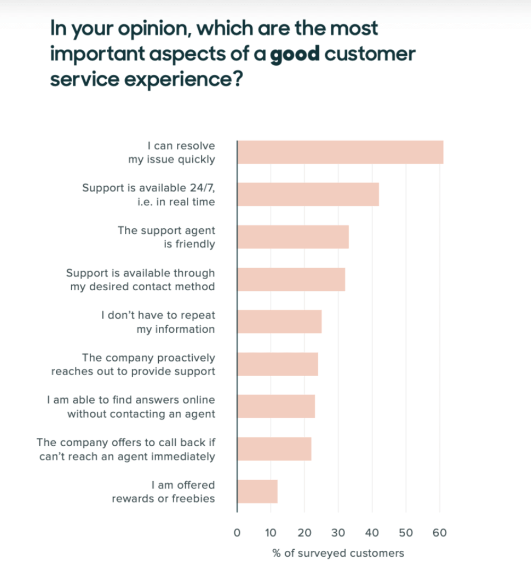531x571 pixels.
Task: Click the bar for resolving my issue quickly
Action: tap(340, 152)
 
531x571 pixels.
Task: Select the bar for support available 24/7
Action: tap(308, 194)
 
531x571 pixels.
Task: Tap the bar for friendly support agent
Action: tap(293, 237)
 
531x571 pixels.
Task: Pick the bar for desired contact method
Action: tap(291, 279)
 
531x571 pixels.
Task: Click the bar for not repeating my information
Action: tap(279, 322)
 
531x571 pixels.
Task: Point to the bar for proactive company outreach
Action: tap(277, 364)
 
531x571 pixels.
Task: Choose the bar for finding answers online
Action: tap(276, 406)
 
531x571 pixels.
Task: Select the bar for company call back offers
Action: tap(274, 449)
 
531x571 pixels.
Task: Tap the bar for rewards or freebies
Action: tap(257, 491)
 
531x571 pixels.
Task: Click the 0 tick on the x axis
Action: tap(237, 533)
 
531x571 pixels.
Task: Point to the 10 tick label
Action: tap(271, 533)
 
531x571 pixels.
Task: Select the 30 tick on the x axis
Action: tap(338, 533)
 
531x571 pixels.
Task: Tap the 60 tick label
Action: tap(440, 533)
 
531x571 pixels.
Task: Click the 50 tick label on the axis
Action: tap(406, 533)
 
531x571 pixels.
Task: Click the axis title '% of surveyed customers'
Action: tap(338, 553)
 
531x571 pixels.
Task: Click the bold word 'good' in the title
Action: tap(295, 54)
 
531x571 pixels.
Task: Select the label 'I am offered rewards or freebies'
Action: tap(164, 491)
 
